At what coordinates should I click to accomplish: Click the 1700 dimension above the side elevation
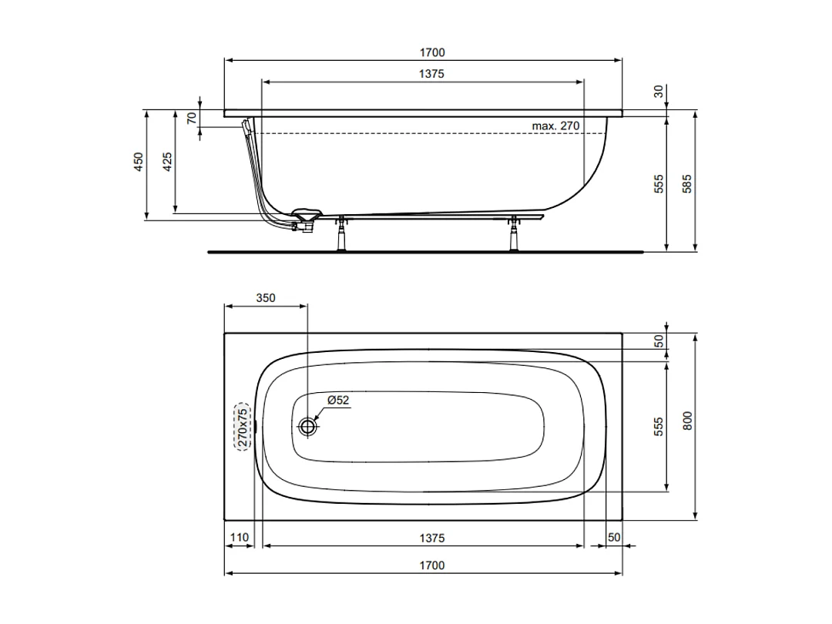(x=432, y=53)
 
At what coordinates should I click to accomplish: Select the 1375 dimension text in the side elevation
(x=432, y=74)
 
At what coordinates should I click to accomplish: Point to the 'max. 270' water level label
(x=555, y=126)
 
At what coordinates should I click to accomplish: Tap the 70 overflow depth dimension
(x=192, y=118)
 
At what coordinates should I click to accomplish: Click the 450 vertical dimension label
(x=139, y=161)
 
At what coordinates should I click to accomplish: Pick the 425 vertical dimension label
(x=168, y=161)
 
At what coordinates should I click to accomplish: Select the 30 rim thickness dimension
(x=659, y=91)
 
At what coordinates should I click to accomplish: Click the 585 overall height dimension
(x=688, y=183)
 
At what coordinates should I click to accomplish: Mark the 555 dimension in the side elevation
(x=659, y=183)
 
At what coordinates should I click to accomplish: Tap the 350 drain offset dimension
(x=265, y=297)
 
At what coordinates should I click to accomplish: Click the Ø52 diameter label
(x=338, y=401)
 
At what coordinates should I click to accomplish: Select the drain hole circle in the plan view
(x=308, y=426)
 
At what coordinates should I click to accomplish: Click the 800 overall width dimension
(x=688, y=420)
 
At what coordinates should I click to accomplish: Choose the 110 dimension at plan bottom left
(x=239, y=537)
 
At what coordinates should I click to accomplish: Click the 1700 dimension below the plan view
(x=432, y=565)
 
